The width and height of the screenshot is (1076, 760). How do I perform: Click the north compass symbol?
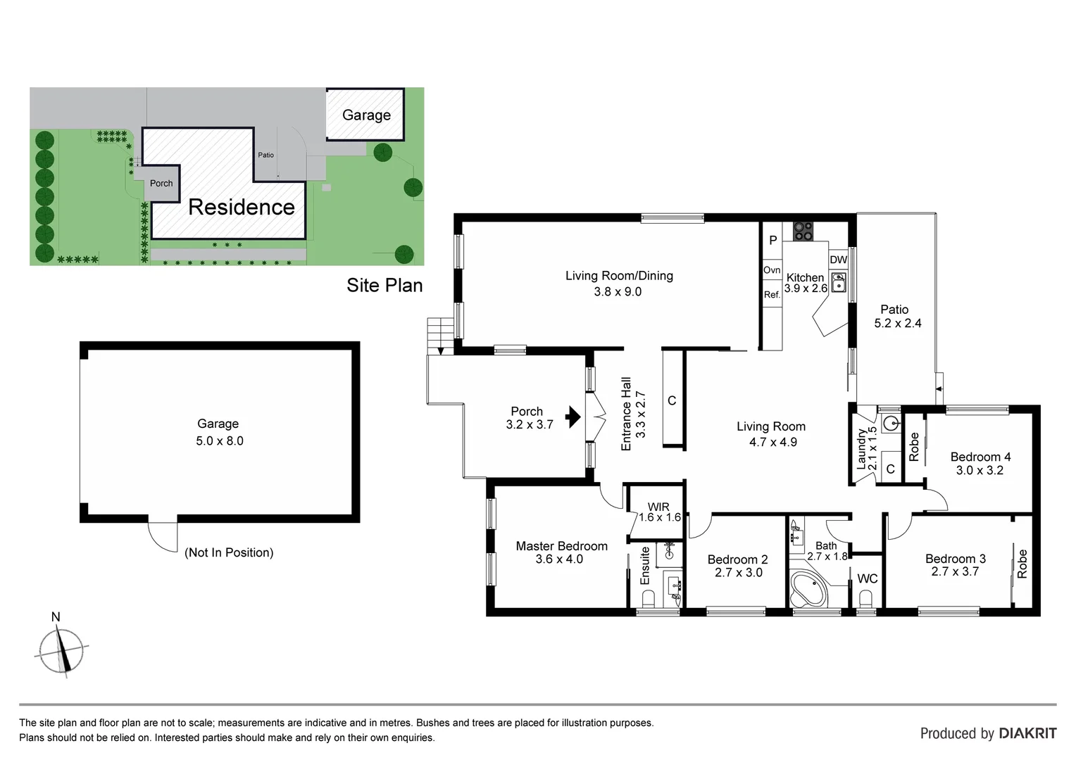(x=61, y=649)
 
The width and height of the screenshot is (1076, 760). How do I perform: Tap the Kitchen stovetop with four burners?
(x=803, y=231)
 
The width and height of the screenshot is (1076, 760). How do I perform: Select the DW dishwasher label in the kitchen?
(x=838, y=260)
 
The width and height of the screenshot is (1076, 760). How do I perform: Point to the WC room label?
(x=867, y=578)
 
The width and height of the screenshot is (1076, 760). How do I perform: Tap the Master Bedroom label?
(x=561, y=546)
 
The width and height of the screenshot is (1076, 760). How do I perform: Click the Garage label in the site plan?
(x=366, y=115)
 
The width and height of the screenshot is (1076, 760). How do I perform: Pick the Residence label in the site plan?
(x=242, y=207)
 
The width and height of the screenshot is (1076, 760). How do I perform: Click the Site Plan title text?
(x=384, y=285)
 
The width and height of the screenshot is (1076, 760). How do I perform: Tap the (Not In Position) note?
(x=229, y=552)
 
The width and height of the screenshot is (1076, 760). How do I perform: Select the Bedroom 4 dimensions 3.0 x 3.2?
(x=979, y=470)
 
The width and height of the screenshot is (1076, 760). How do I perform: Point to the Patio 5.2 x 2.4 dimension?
(x=897, y=323)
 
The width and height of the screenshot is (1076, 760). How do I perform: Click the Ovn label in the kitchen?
(x=772, y=270)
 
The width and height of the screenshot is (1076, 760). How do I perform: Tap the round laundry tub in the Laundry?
(x=891, y=424)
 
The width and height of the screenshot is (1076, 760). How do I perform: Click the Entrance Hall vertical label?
(x=626, y=414)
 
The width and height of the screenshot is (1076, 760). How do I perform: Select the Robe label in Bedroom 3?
(x=1022, y=564)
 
